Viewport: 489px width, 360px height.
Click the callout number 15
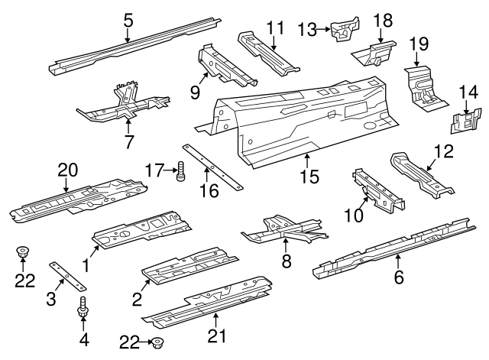pyautogui.click(x=310, y=177)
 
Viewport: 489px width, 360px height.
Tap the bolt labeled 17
pyautogui.click(x=180, y=171)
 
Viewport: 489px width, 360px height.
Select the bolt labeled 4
pyautogui.click(x=83, y=307)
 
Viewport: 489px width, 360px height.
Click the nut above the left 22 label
pyautogui.click(x=22, y=251)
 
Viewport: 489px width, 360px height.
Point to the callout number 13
pyautogui.click(x=307, y=30)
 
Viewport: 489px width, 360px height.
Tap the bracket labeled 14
pyautogui.click(x=466, y=121)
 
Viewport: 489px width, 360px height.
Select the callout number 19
pyautogui.click(x=419, y=44)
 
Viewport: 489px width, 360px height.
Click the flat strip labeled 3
pyautogui.click(x=67, y=276)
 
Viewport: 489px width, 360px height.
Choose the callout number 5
pyautogui.click(x=128, y=21)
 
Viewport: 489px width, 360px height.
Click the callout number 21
pyautogui.click(x=217, y=336)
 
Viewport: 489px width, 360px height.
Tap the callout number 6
pyautogui.click(x=399, y=277)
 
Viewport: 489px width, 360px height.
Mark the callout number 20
pyautogui.click(x=68, y=170)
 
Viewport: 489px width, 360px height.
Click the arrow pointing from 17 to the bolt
pyautogui.click(x=170, y=170)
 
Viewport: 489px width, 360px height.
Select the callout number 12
pyautogui.click(x=444, y=151)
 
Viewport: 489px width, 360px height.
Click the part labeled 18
pyautogui.click(x=374, y=54)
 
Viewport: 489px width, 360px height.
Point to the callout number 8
pyautogui.click(x=287, y=261)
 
